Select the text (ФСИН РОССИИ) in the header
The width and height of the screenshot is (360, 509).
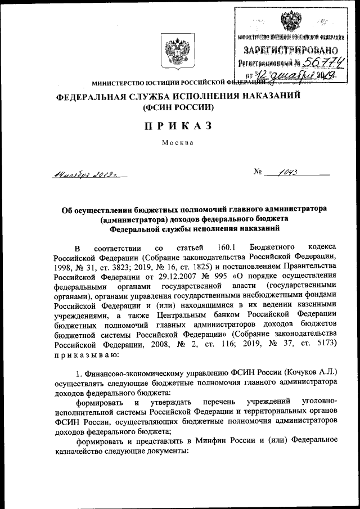(x=178, y=107)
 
